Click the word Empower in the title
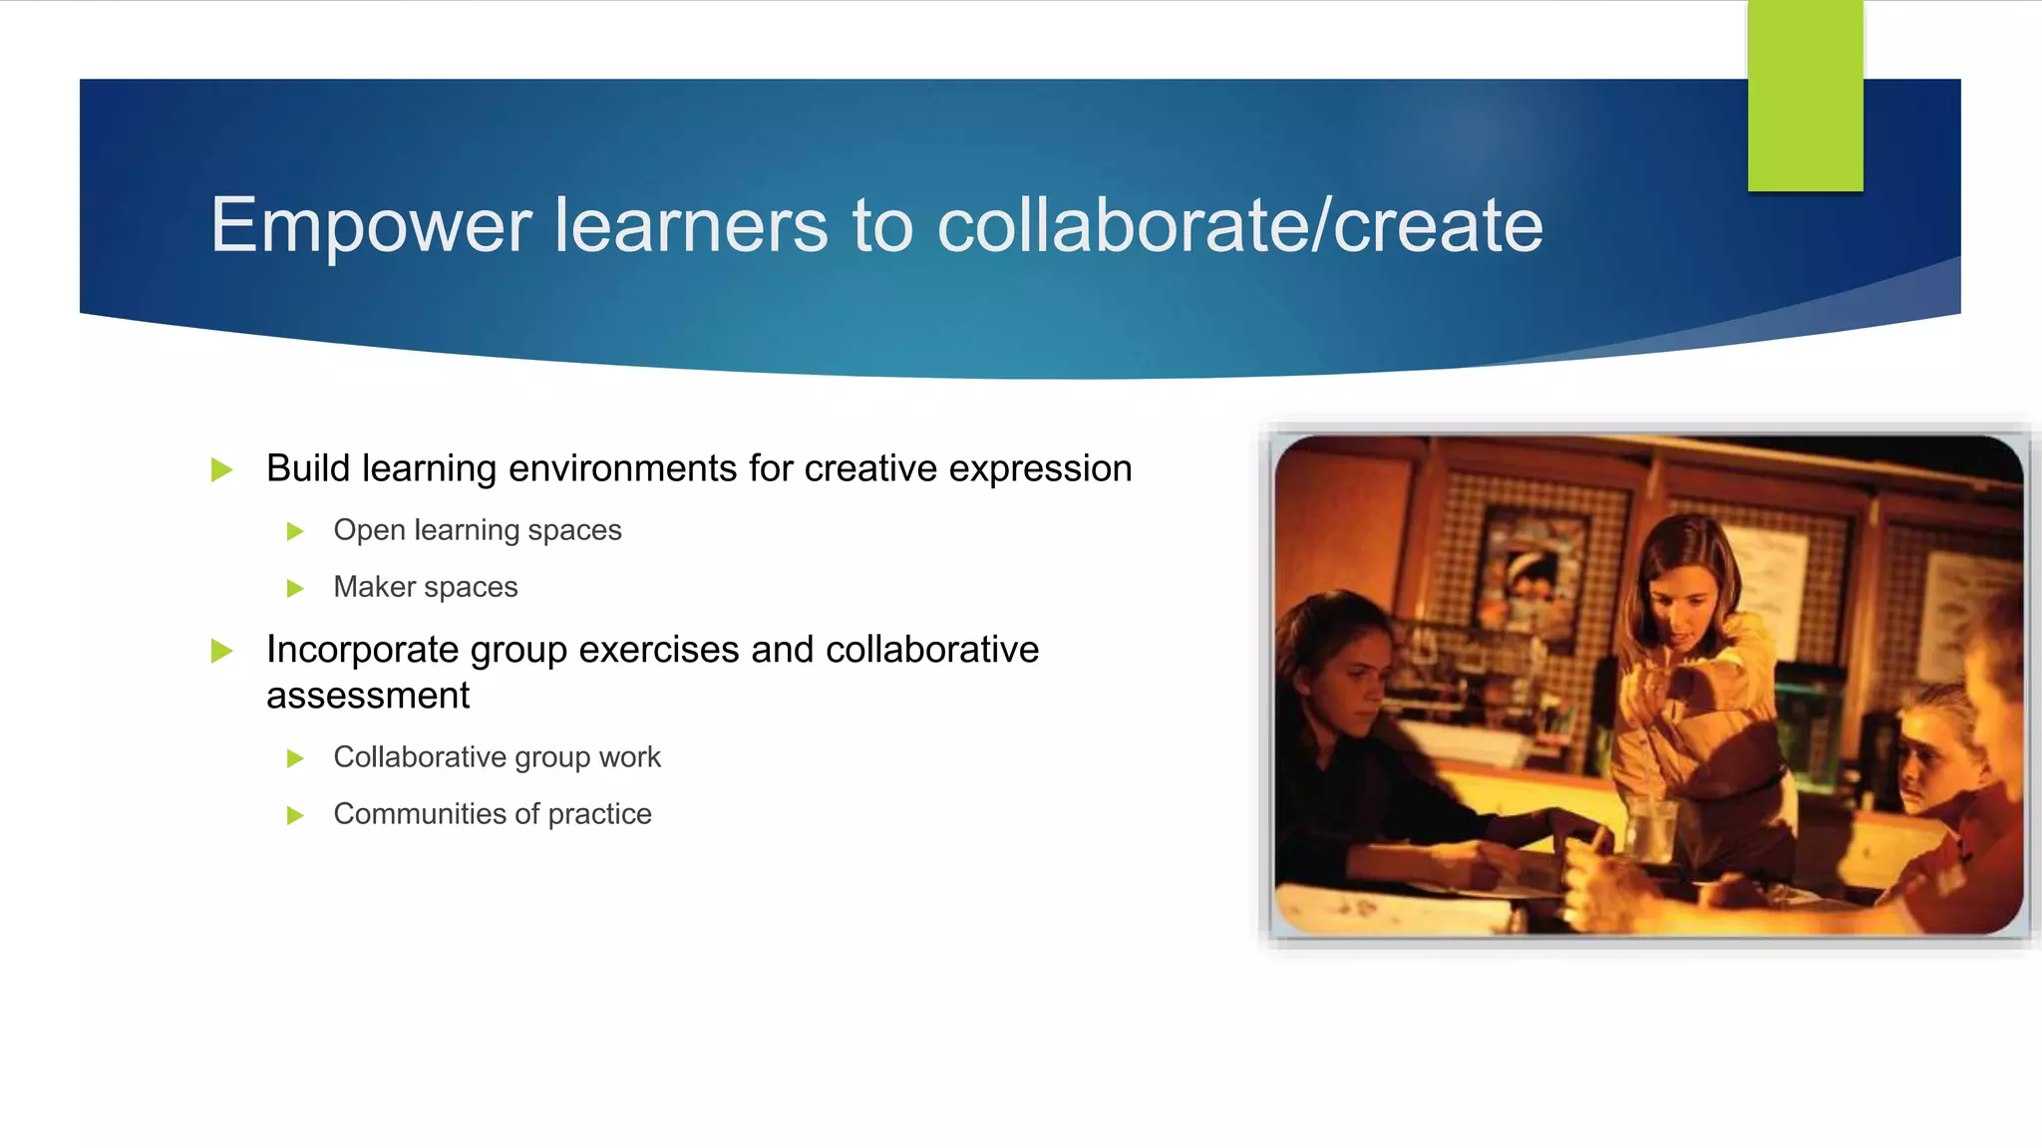pos(370,227)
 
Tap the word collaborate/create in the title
pos(1239,225)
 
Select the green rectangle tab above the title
pos(1805,96)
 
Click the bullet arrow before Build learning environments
pos(222,469)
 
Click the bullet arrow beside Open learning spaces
pos(295,531)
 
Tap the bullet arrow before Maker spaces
pos(295,588)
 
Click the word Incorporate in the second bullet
pos(362,650)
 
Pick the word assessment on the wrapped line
pos(368,696)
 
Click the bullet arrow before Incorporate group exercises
pos(222,652)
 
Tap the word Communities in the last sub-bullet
pos(420,814)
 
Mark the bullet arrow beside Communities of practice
pos(295,816)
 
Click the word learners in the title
pos(691,225)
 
